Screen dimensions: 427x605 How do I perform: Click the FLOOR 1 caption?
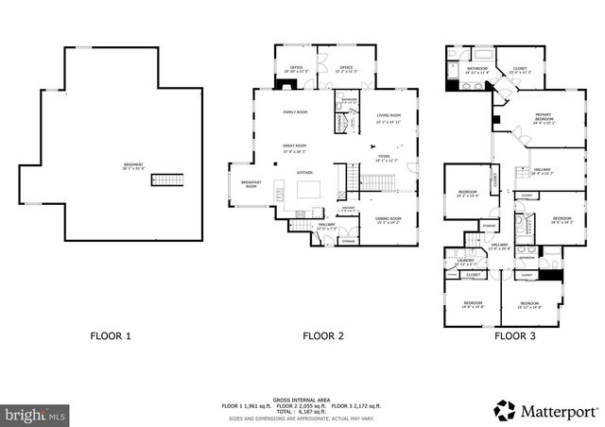pos(111,335)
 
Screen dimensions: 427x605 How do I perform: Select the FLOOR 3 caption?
pos(517,335)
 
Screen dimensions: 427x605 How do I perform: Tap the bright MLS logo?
pos(36,415)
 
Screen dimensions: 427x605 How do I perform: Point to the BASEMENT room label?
pos(133,166)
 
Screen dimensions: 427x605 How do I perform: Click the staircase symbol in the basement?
pos(167,179)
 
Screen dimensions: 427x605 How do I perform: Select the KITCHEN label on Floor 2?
pos(304,173)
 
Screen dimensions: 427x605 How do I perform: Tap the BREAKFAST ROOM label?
pos(251,184)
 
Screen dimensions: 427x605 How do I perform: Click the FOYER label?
pos(384,158)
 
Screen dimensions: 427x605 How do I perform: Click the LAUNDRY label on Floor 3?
pos(465,264)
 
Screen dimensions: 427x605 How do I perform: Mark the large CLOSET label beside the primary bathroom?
pos(520,69)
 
